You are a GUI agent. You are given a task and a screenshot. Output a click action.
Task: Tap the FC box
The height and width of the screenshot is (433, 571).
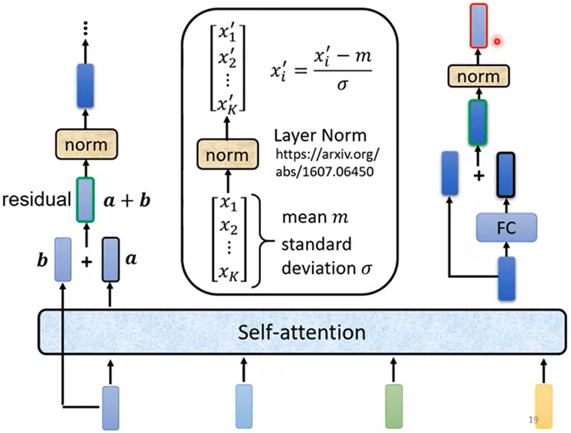pyautogui.click(x=506, y=228)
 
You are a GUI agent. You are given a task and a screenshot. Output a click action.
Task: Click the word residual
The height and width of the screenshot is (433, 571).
pyautogui.click(x=36, y=198)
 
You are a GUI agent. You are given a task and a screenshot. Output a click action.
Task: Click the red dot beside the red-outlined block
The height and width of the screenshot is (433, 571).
pyautogui.click(x=496, y=42)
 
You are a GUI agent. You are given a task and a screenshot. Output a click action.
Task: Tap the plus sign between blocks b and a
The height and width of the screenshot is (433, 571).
pyautogui.click(x=86, y=262)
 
